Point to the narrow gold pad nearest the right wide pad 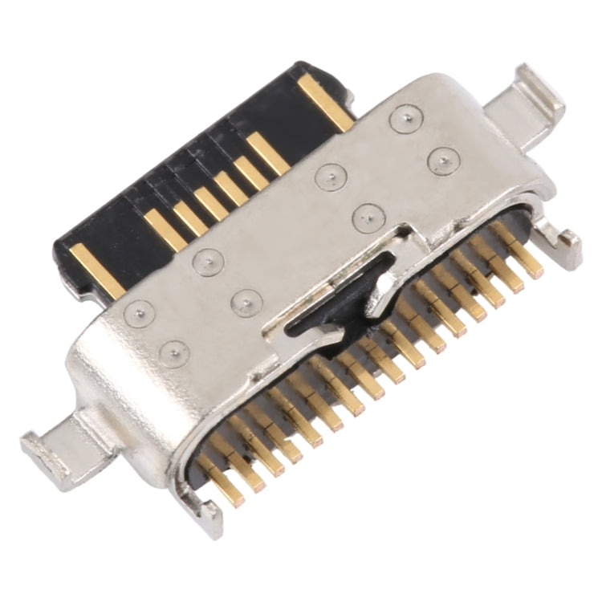coord(267,153)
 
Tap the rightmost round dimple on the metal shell coord(443,161)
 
